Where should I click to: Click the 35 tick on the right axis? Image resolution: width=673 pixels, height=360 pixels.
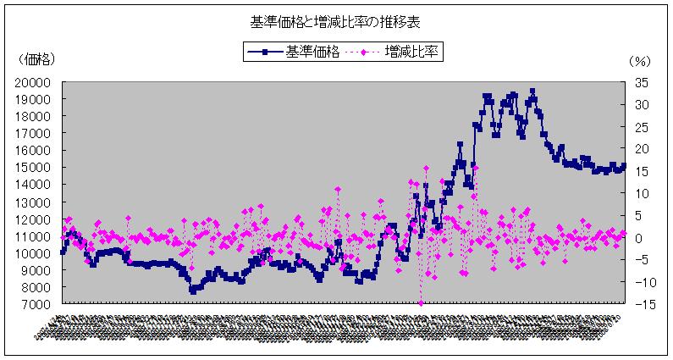tap(640, 82)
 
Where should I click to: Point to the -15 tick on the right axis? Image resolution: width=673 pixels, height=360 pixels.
tap(640, 305)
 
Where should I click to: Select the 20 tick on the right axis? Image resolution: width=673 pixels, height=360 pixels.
tap(640, 149)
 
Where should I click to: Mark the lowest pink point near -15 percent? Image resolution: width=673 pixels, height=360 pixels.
tap(421, 303)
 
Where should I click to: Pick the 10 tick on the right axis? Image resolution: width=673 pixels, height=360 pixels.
tap(640, 194)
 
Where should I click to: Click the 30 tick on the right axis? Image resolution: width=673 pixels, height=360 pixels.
tap(640, 104)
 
